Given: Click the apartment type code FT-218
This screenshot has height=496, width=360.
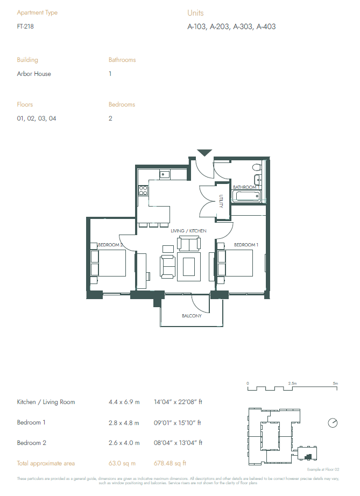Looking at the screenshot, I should (24, 26).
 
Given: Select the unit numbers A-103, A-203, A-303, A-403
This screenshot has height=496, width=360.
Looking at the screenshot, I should (231, 26).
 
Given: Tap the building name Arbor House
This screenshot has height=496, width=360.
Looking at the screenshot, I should (34, 74).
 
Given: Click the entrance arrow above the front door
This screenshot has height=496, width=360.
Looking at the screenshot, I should (204, 153).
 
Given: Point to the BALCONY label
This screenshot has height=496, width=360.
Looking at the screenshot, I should (191, 316).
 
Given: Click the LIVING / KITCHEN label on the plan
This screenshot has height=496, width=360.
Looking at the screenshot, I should (188, 231).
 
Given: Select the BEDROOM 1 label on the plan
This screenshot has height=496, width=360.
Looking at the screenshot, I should (246, 245).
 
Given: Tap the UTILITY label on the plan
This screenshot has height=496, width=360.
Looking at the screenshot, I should (221, 202).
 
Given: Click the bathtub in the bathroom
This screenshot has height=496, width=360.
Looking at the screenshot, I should (248, 196).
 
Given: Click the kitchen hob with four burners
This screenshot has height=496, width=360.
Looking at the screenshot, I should (143, 190).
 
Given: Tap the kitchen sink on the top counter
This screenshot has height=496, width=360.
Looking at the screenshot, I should (165, 174).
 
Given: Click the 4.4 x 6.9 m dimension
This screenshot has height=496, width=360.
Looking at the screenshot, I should (124, 402).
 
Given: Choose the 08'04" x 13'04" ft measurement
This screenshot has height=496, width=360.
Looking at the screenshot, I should (178, 443).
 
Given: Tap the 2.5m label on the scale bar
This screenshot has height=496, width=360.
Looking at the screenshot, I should (292, 383).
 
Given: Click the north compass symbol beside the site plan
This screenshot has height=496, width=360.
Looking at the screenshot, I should (333, 423).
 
